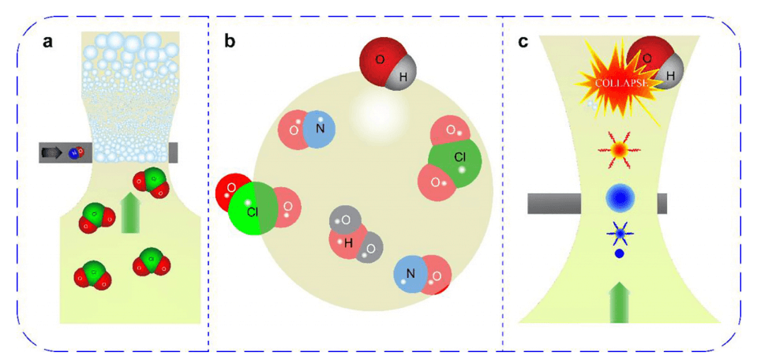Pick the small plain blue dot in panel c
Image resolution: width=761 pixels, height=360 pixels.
[x=620, y=254]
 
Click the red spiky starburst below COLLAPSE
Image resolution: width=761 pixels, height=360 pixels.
[x=620, y=148]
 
